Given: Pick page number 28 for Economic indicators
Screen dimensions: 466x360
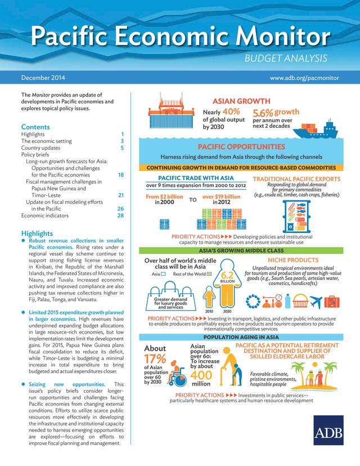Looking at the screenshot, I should [120, 216].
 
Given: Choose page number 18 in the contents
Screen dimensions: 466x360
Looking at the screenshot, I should [120, 175].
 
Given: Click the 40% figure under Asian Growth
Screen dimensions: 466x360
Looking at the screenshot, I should [232, 111].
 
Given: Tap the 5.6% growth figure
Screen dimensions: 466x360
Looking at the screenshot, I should [263, 113].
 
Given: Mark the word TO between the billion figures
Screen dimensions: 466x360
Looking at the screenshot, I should [192, 199].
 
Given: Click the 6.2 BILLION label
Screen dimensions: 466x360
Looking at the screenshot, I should [227, 277].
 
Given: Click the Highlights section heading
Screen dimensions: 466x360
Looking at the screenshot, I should [38, 233].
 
